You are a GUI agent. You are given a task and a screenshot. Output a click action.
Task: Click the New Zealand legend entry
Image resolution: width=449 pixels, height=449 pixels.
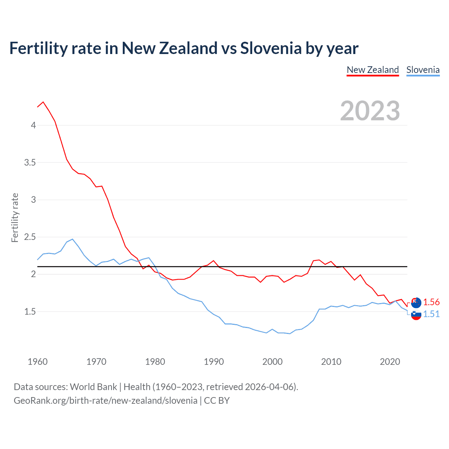point(373,70)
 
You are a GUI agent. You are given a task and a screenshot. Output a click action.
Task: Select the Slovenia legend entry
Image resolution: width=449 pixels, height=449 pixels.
point(423,70)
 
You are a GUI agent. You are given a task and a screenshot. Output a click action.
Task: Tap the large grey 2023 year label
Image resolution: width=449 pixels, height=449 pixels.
point(370,111)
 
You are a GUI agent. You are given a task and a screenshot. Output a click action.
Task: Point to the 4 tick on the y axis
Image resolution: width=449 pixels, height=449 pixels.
point(33,125)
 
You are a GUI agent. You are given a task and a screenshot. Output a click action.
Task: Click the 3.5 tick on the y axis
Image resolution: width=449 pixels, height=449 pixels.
point(30,162)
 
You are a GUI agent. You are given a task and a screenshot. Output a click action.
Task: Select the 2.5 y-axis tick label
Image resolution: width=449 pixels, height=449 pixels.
point(30,237)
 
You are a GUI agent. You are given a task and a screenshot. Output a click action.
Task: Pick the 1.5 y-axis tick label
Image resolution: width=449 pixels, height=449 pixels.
point(30,311)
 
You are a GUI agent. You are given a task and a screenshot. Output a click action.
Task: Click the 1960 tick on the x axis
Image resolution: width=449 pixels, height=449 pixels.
point(38,362)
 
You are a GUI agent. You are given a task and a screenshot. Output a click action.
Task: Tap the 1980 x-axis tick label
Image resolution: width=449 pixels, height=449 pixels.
point(155,362)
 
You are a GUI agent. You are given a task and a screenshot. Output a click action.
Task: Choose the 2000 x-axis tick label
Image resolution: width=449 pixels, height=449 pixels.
point(272,362)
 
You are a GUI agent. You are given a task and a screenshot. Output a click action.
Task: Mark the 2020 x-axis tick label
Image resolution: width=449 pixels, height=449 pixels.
point(390,362)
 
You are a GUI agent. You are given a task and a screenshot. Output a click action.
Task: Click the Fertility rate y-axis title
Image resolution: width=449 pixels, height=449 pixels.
point(15,217)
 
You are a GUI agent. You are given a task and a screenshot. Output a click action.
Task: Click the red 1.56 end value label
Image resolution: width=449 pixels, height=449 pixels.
point(431,302)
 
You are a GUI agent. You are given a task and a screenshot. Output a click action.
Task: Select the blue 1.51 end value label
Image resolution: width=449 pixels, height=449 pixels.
point(431,314)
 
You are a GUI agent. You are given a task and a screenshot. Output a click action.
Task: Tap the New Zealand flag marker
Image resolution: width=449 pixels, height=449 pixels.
point(416,302)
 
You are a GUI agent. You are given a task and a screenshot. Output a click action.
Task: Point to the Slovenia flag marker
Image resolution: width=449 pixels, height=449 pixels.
point(416,315)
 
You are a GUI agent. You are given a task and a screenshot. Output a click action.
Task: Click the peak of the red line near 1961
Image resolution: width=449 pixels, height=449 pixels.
point(43,102)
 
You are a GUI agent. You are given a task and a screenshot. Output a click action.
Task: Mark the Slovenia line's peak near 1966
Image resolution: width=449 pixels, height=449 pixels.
point(72,239)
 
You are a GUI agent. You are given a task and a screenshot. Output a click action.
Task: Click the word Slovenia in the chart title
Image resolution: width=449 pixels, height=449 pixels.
point(270,48)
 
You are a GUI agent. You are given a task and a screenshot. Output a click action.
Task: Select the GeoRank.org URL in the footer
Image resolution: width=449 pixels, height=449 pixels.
point(106,401)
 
